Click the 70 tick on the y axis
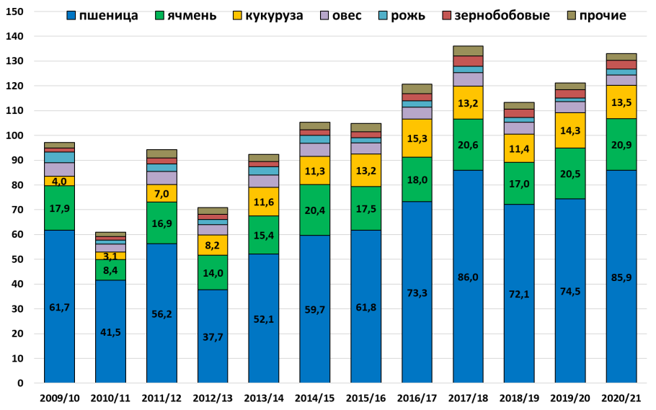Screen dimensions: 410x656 [18, 210]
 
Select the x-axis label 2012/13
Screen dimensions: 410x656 [213, 398]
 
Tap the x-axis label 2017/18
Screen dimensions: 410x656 [468, 398]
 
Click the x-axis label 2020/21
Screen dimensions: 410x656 [621, 398]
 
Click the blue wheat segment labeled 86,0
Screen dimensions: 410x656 [468, 276]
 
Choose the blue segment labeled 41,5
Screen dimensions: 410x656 [110, 331]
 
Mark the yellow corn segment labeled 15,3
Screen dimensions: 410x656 [417, 138]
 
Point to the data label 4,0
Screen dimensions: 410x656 [59, 181]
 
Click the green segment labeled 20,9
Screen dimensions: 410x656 [621, 144]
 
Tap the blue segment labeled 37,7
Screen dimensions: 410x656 [213, 336]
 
